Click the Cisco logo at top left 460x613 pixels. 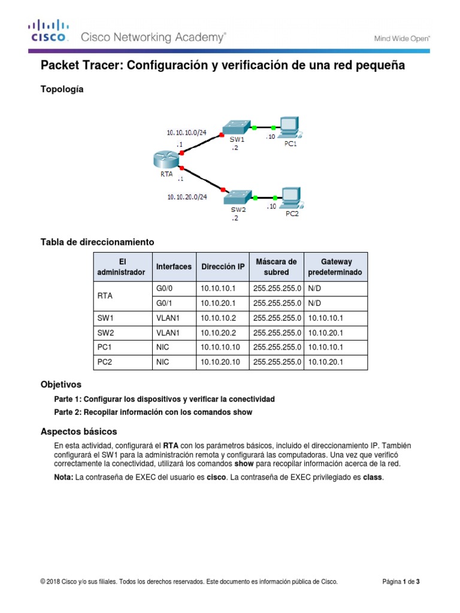48,32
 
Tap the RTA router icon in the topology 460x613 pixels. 165,159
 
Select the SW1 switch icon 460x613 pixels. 235,128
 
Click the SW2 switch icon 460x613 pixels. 237,197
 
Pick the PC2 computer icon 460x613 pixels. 291,196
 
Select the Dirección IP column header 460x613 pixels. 223,267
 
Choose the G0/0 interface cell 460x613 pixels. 164,288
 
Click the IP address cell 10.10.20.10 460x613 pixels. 221,362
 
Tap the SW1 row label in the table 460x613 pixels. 105,318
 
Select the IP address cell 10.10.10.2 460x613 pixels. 219,318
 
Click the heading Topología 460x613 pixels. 62,89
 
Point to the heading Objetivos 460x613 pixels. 60,384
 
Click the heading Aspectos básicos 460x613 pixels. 78,432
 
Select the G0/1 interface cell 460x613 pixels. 164,303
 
